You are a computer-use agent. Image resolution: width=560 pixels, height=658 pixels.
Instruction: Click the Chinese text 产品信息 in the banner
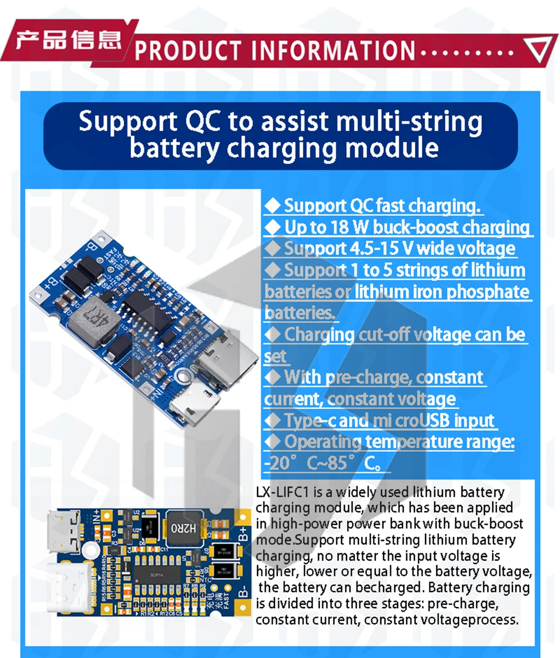click(68, 40)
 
